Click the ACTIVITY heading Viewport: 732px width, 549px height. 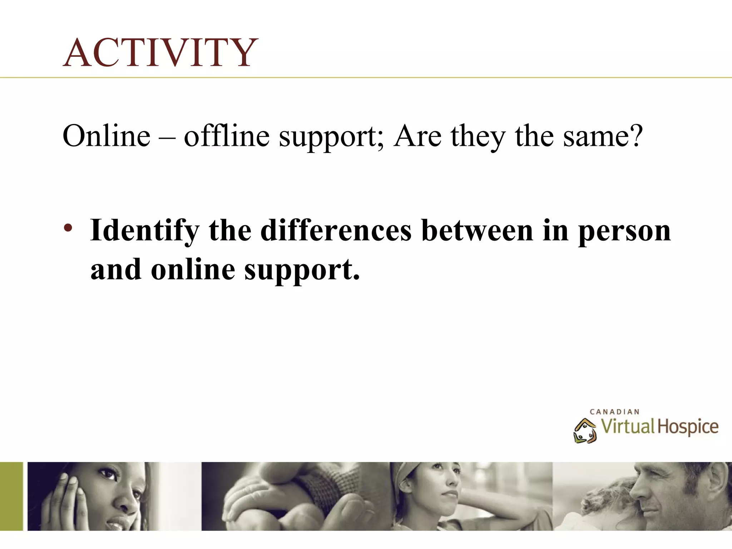pyautogui.click(x=160, y=53)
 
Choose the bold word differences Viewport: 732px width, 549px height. pyautogui.click(x=336, y=231)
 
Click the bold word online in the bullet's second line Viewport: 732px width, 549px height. pyautogui.click(x=193, y=270)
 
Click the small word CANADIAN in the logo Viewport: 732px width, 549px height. pyautogui.click(x=614, y=412)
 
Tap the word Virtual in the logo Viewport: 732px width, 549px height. pyautogui.click(x=627, y=426)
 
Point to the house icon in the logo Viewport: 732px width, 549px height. pyautogui.click(x=585, y=431)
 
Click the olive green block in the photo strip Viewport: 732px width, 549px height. pyautogui.click(x=11, y=496)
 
